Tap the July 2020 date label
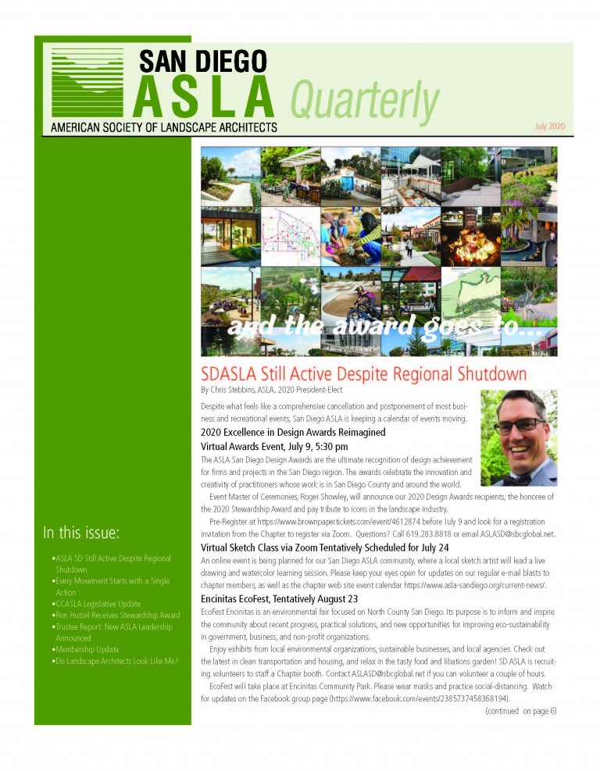[x=549, y=126]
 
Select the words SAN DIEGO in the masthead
[x=203, y=60]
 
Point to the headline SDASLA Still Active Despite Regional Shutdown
[x=363, y=373]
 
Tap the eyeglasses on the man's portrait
[x=516, y=427]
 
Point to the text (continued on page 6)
[x=520, y=711]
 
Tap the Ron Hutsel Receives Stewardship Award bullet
[x=116, y=616]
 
